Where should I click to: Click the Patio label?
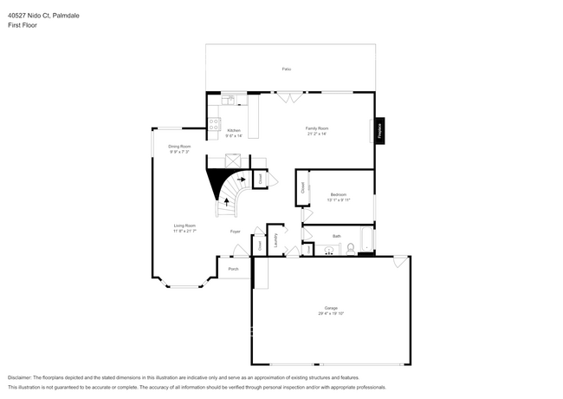point(286,69)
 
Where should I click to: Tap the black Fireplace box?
point(379,131)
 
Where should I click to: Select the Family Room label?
point(317,128)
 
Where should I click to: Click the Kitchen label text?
point(234,130)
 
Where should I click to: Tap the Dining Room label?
point(178,147)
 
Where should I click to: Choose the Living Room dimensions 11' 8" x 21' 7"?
point(184,232)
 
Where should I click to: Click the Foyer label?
point(235,232)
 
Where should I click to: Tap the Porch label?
point(233,270)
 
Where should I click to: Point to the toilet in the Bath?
point(350,250)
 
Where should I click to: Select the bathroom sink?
point(327,251)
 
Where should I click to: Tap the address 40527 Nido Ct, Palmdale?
point(44,14)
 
